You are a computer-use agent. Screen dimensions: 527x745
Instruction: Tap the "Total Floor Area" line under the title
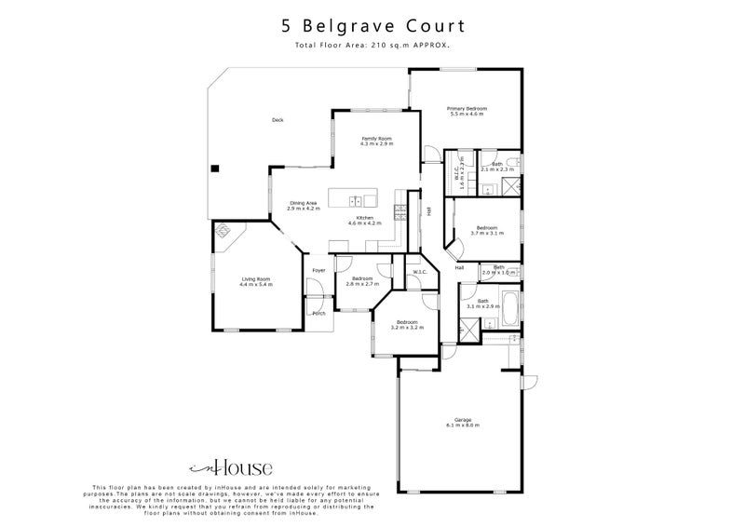(x=372, y=44)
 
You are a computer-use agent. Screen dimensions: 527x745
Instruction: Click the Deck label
(x=277, y=120)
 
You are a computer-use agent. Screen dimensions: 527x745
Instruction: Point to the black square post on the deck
(x=214, y=169)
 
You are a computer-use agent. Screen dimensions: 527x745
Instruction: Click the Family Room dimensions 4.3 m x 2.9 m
(x=377, y=144)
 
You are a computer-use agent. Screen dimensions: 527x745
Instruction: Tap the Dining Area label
(x=304, y=202)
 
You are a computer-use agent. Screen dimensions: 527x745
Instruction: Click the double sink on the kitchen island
(x=357, y=200)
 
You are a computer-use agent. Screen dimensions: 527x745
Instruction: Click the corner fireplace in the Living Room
(x=224, y=234)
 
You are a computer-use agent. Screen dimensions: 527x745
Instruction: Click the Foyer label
(x=318, y=271)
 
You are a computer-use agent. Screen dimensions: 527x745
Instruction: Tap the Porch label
(x=318, y=313)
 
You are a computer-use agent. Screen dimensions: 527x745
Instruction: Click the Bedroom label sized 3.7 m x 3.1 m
(x=487, y=227)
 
